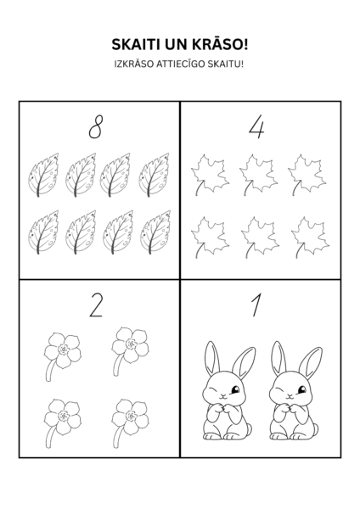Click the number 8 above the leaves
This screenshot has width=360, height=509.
pos(96,127)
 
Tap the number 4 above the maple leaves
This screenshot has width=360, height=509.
pos(256,128)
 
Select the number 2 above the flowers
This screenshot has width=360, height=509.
pos(96,305)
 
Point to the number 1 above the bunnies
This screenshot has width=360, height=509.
pos(256,305)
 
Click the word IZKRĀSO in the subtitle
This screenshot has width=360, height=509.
pos(134,64)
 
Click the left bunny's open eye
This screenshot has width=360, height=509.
pos(235,389)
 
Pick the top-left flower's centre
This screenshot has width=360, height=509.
pos(63,350)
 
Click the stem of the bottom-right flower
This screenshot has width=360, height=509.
pos(118,439)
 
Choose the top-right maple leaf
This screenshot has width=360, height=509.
pos(307,175)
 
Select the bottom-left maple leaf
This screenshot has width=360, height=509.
pos(210,237)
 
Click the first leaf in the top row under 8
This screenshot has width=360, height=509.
pos(43,175)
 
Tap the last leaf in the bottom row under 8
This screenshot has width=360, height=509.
pos(155,232)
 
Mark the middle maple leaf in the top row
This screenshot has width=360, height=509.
pos(258,175)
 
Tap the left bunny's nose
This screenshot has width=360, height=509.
pos(223,395)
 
